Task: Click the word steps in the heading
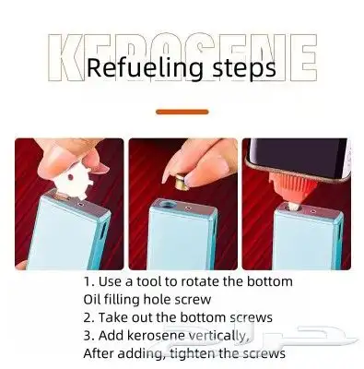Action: click(244, 69)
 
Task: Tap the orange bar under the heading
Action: click(182, 112)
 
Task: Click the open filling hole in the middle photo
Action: click(167, 204)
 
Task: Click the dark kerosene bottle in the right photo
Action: click(299, 159)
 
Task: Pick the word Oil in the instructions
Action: click(91, 299)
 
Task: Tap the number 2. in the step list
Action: click(88, 317)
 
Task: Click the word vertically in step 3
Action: click(217, 336)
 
